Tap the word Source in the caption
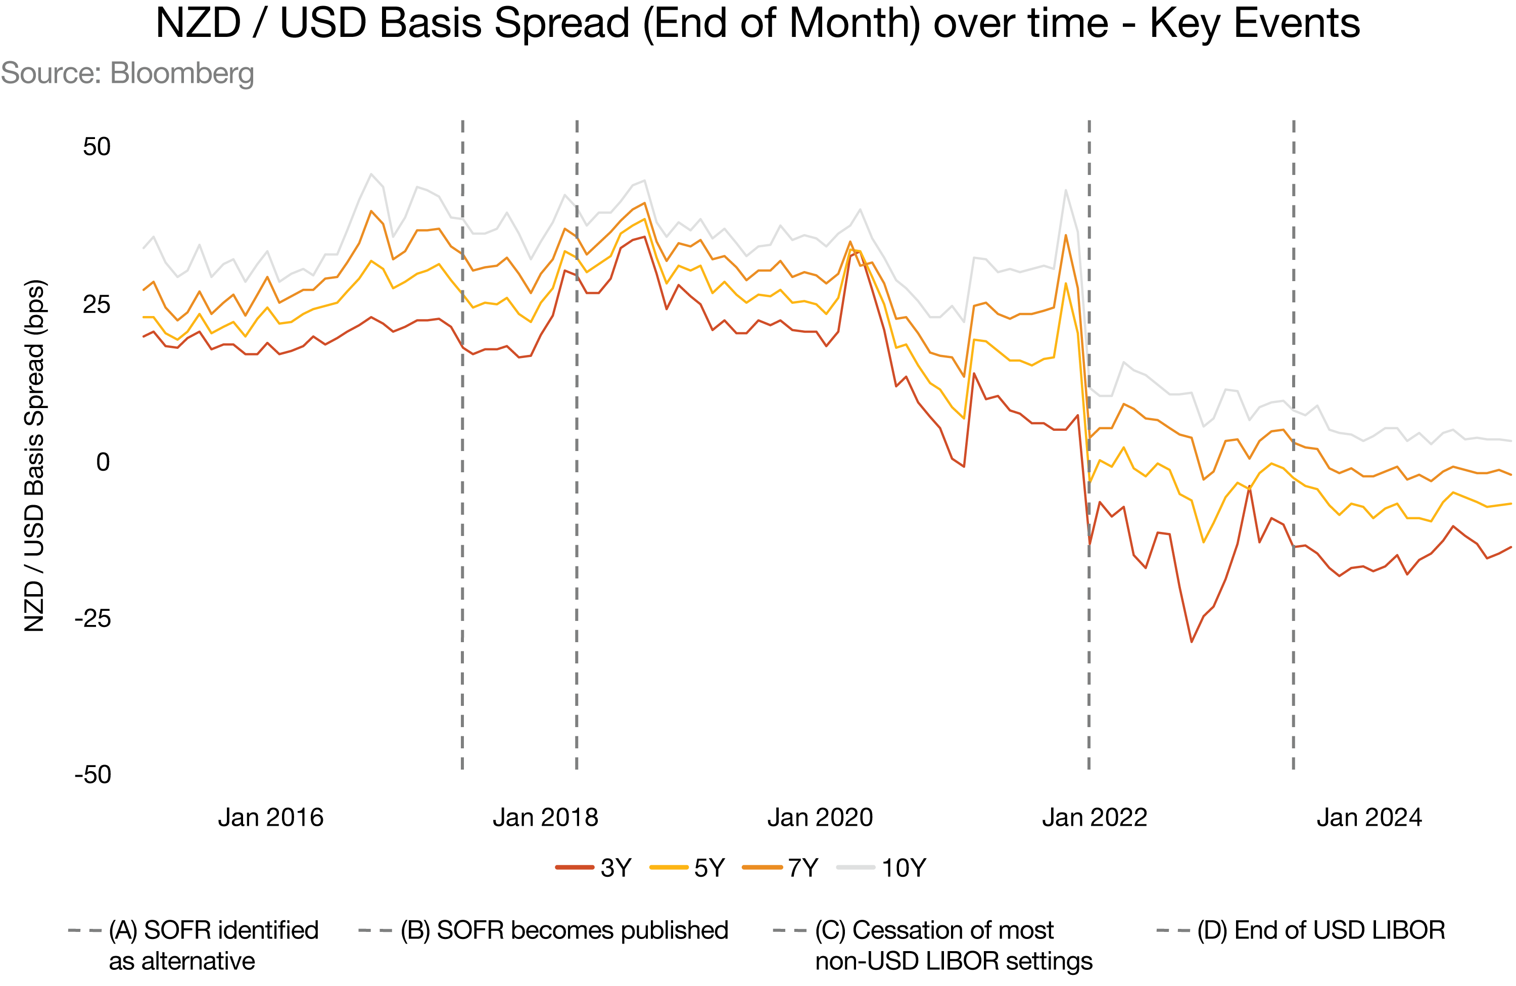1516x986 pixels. point(50,73)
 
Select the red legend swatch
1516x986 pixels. point(575,867)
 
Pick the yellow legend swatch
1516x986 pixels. point(669,867)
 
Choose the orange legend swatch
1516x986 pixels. point(762,867)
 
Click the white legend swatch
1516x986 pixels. point(856,867)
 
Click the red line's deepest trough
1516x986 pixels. point(1191,641)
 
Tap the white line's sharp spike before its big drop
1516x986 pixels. point(1066,190)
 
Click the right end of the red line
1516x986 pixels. point(1511,547)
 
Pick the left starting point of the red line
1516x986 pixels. point(144,337)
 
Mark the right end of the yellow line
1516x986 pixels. point(1511,504)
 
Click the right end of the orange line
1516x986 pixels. point(1511,474)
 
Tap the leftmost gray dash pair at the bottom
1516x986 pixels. point(85,930)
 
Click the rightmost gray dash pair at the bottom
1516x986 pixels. point(1173,930)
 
